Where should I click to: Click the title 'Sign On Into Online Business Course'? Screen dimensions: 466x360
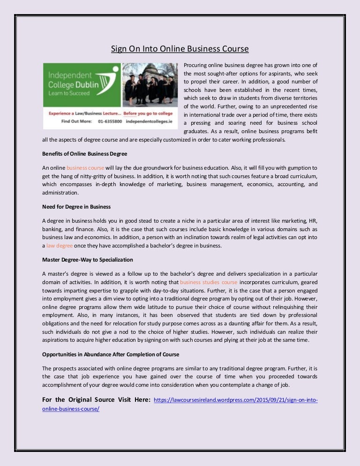180,49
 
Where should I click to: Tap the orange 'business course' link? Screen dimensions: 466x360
85,167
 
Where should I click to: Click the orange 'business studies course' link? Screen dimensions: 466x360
209,282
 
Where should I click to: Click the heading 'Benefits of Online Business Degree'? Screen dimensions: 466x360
84,154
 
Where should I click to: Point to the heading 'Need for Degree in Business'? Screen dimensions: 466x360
76,206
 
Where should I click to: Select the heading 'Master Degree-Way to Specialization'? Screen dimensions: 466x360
88,259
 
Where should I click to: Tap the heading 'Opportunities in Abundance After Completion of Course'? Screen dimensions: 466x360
110,353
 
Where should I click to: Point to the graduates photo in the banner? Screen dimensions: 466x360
150,84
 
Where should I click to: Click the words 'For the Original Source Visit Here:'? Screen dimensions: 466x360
96,399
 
